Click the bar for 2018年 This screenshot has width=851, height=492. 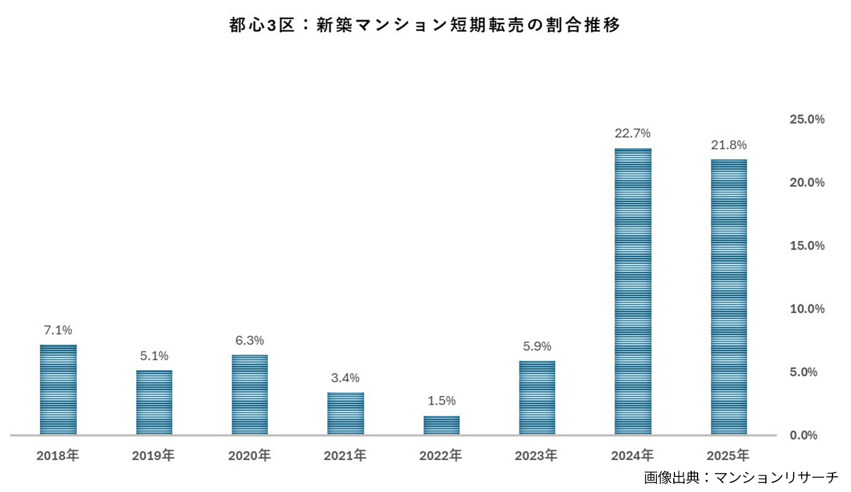[58, 390]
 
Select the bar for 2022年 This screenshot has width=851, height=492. [442, 425]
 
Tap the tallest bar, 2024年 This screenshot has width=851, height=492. [633, 291]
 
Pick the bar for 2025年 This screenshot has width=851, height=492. [729, 297]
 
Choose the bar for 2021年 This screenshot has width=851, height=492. [346, 413]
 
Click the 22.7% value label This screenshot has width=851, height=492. [633, 133]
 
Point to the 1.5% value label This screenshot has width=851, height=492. [442, 401]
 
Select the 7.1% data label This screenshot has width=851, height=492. [58, 330]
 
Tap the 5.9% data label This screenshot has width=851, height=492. [537, 346]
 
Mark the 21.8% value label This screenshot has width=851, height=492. [729, 145]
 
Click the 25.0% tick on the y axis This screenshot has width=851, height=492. [807, 119]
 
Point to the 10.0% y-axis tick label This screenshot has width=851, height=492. [807, 309]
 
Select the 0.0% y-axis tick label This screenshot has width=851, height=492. [804, 435]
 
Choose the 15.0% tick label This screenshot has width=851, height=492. [807, 245]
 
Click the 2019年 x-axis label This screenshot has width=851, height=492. [153, 456]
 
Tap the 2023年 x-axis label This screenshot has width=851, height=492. [536, 456]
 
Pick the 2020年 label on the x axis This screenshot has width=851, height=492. [250, 456]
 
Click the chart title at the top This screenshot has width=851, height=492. [424, 25]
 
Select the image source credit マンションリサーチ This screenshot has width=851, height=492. [741, 478]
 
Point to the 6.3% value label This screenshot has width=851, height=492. [250, 340]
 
